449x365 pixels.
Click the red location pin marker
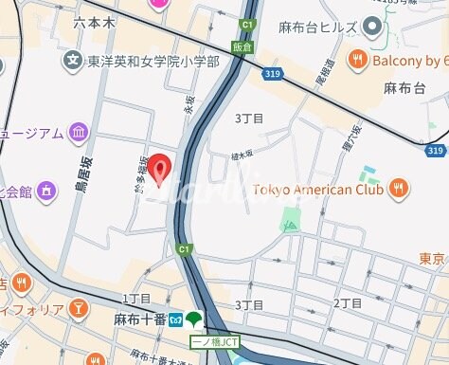160,167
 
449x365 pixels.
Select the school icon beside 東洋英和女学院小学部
73,61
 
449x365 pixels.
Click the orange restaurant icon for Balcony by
358,61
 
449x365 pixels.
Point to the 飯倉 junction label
241,46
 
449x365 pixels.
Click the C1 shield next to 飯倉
247,24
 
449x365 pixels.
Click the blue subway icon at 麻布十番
175,319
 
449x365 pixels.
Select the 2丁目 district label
348,303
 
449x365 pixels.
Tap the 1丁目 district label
136,299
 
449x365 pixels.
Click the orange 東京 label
434,259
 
